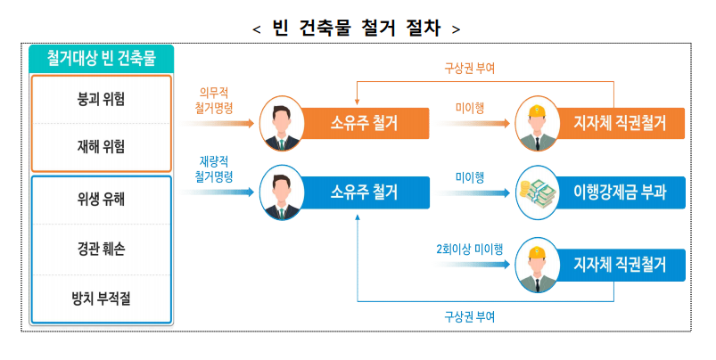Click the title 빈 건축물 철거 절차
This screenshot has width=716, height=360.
(357, 28)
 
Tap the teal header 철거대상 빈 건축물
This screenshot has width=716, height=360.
(101, 60)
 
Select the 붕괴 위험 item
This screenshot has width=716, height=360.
(101, 98)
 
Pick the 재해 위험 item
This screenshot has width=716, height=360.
(101, 145)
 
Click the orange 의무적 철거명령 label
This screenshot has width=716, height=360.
(215, 99)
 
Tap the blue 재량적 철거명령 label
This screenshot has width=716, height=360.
(215, 169)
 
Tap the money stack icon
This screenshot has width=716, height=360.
(538, 192)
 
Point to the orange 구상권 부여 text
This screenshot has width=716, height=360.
(469, 67)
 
